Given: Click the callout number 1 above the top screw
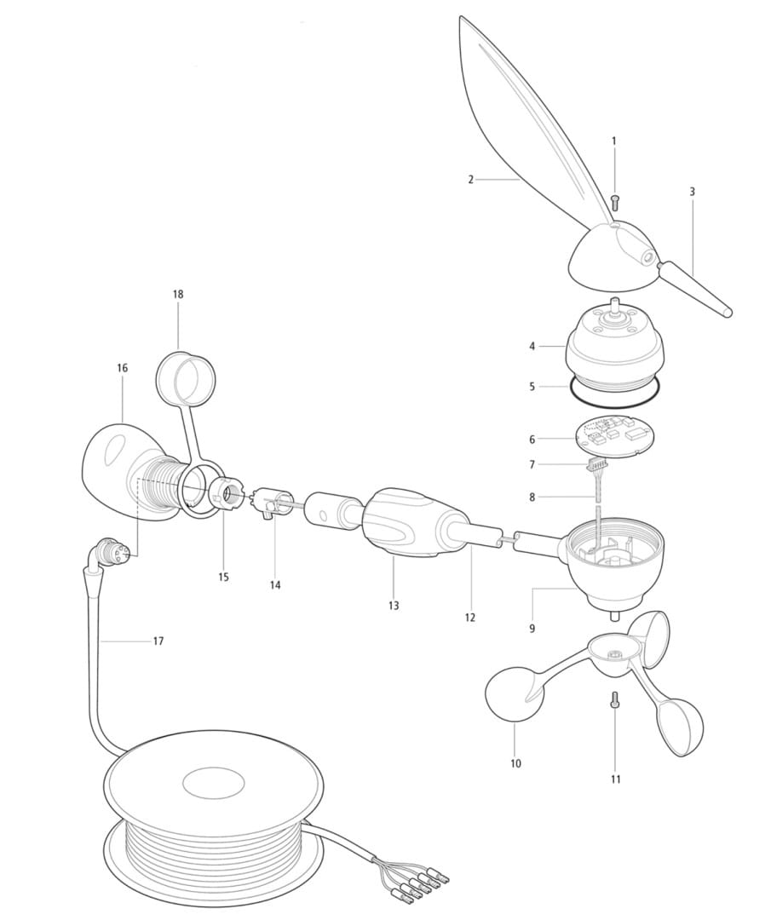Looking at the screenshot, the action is (614, 141).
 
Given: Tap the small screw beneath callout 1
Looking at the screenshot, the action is (615, 203).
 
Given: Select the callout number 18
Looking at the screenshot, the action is (178, 294).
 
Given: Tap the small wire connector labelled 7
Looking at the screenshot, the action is (596, 466).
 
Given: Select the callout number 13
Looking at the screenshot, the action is (393, 605).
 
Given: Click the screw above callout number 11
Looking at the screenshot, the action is (614, 699).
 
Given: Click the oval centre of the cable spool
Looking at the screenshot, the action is (214, 784).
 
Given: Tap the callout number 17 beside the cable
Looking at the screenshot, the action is (158, 641).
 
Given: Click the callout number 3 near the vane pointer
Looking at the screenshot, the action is (693, 192).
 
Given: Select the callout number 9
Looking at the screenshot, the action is (532, 629).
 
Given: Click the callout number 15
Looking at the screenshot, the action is (223, 577).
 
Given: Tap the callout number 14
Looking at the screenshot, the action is (275, 585).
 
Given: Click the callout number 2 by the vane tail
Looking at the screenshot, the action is (470, 180).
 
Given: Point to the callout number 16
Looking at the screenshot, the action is (122, 368).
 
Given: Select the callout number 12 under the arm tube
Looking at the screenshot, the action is (469, 618).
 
